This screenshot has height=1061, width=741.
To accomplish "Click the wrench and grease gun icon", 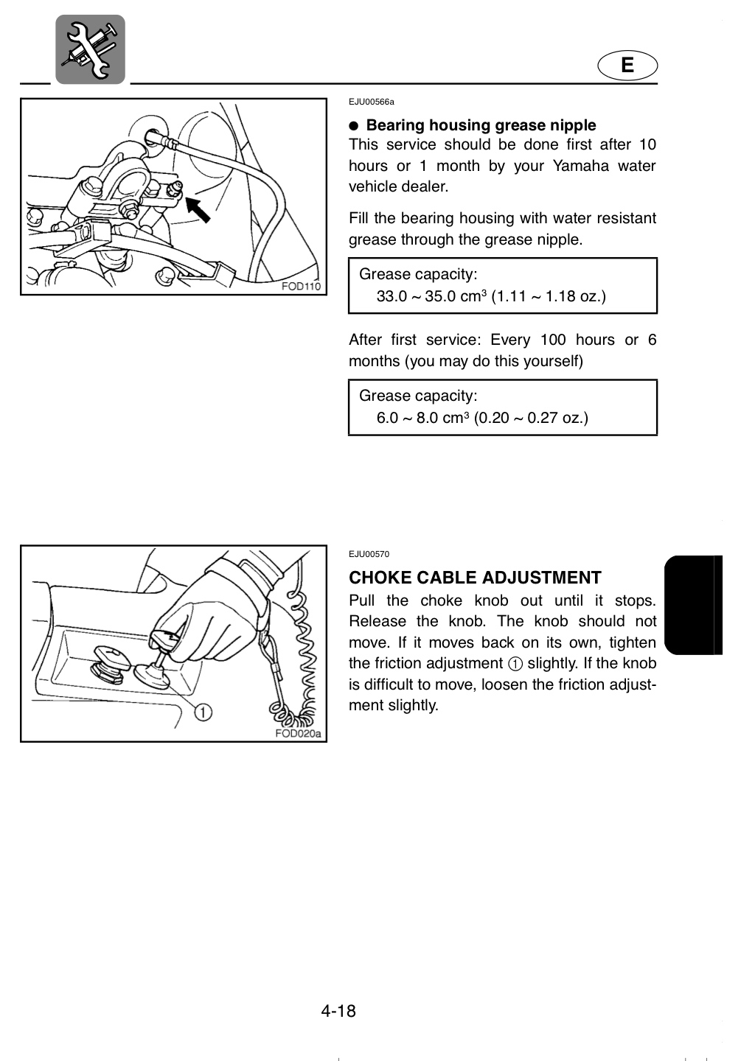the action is [x=90, y=49].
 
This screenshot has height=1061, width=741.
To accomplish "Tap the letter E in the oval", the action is [x=627, y=66].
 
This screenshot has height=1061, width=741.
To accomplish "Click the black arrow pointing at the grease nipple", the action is [x=198, y=210].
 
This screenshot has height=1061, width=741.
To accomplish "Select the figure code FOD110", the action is [x=301, y=286].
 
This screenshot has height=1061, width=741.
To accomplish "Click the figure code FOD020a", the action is [x=298, y=733].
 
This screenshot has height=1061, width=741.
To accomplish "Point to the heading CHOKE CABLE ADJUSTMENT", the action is [x=475, y=578].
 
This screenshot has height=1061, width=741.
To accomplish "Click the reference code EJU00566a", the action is [x=371, y=102].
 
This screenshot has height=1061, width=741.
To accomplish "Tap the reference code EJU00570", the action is [x=369, y=554].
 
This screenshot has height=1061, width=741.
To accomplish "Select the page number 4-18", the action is [x=338, y=1011].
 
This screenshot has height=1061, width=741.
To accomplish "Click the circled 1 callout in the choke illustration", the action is [x=203, y=712].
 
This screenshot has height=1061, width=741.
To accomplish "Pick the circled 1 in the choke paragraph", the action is [x=515, y=664].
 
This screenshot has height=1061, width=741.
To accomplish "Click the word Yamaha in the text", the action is [x=580, y=166].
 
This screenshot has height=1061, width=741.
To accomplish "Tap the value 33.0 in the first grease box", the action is [x=392, y=296].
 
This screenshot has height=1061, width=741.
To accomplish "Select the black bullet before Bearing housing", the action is [x=354, y=125].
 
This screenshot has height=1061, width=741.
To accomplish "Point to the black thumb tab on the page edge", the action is [x=694, y=605].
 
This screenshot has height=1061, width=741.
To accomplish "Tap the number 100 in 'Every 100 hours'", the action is [x=553, y=340].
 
